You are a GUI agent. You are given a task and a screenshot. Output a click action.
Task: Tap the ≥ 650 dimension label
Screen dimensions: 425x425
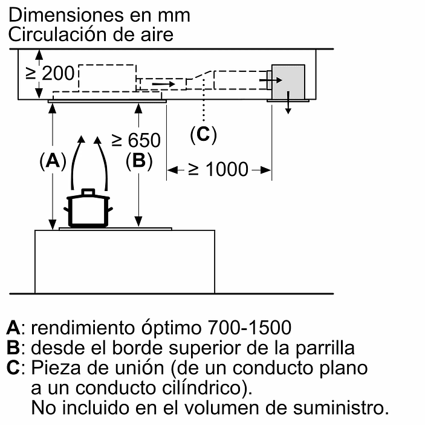(x=137, y=140)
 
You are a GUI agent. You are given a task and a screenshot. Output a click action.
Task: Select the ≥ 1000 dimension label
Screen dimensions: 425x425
(x=218, y=169)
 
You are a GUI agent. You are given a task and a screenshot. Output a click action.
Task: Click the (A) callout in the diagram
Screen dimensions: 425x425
(x=52, y=161)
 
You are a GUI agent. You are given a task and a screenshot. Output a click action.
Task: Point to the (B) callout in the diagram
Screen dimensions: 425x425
(x=138, y=161)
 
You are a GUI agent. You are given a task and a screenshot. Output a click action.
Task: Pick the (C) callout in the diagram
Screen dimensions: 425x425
(x=203, y=134)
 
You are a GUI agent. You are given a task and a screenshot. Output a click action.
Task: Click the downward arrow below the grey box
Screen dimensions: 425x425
(x=289, y=105)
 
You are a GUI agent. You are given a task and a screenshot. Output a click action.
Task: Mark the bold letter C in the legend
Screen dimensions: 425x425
(x=13, y=368)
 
